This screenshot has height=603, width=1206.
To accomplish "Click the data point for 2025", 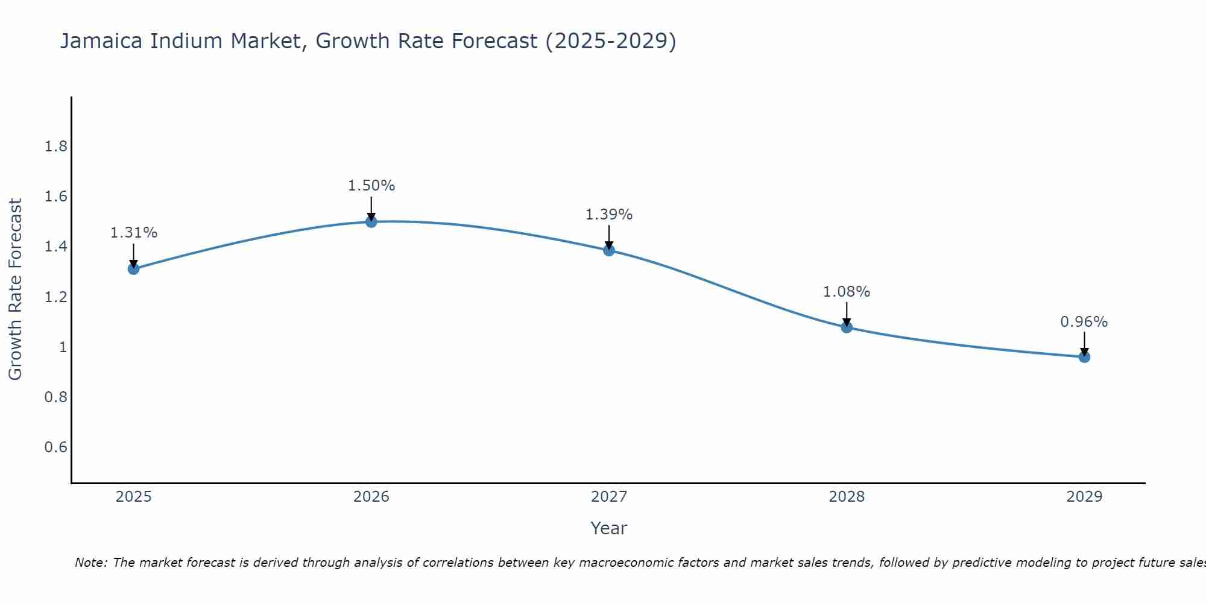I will [133, 268].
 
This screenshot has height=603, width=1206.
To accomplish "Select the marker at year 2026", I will [371, 221].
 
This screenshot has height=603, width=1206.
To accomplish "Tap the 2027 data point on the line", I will [608, 250].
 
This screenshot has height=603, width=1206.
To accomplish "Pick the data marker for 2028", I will [846, 327].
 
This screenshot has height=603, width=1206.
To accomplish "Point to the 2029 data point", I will [1084, 357].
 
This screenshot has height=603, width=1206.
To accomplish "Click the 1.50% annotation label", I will [371, 186].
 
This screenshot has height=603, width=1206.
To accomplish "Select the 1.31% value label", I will [133, 233].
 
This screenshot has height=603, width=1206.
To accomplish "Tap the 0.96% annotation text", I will [1084, 322].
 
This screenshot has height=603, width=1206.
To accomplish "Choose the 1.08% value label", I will [846, 292].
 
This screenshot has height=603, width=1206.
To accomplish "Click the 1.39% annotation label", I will [608, 215].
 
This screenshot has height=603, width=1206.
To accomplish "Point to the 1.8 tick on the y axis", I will [56, 147].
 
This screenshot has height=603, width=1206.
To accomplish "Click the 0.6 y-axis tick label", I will [56, 447].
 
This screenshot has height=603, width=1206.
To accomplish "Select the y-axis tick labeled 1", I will [63, 347].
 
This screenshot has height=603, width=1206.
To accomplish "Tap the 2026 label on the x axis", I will [371, 497].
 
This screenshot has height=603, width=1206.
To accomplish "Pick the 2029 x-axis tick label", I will [1084, 497].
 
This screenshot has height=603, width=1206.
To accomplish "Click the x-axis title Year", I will [608, 528].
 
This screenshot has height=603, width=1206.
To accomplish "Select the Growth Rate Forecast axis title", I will [15, 289].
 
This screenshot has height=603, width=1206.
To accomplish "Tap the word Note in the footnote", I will [90, 563].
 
